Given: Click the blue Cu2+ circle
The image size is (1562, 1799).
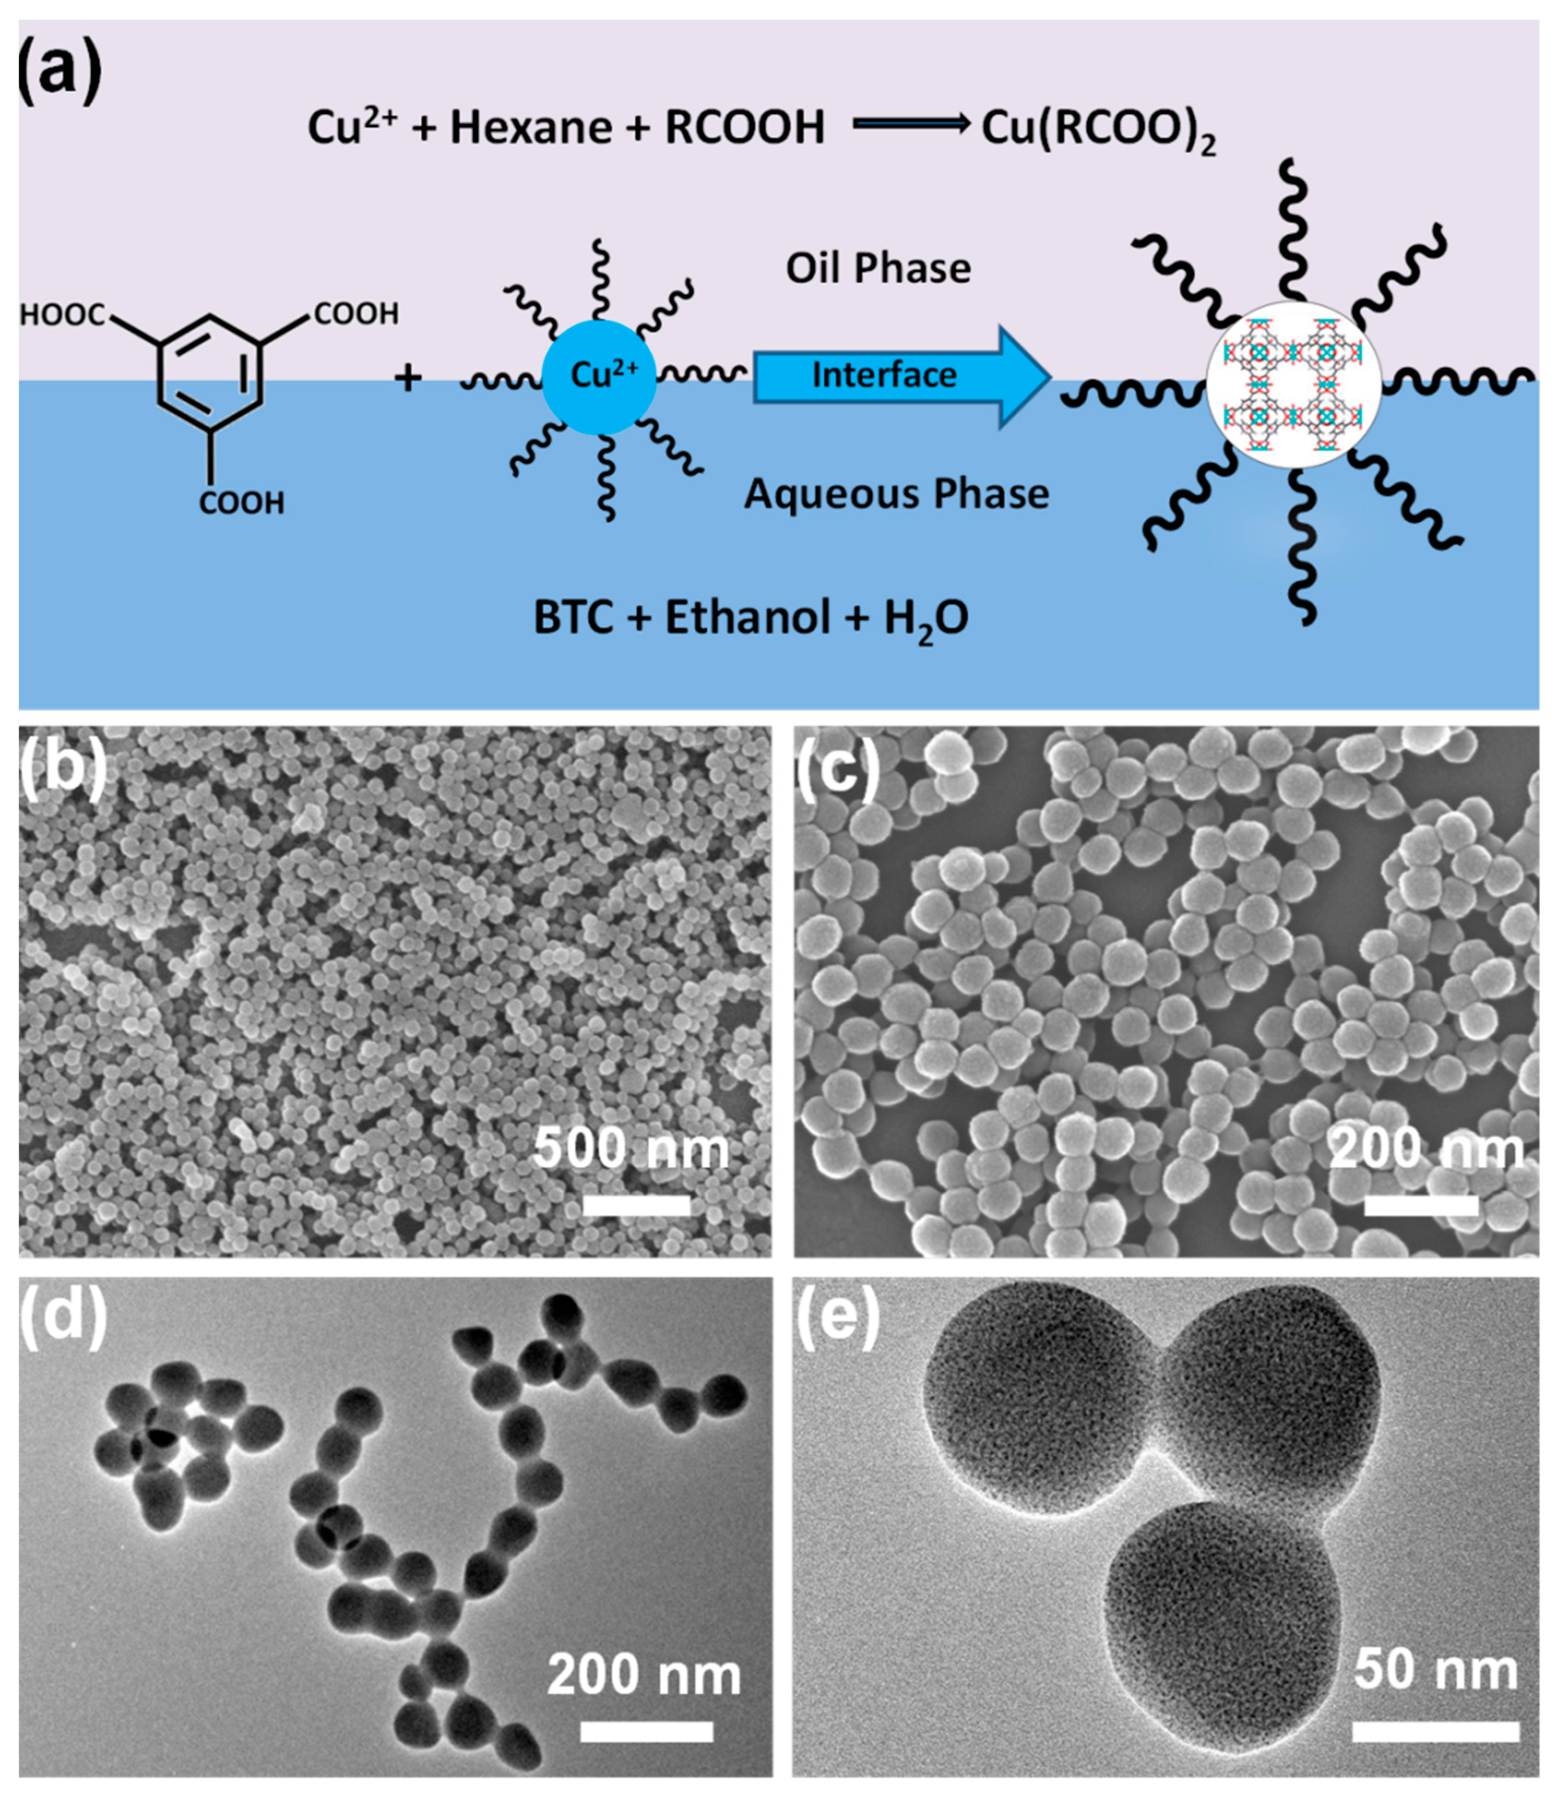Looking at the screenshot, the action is coord(600,377).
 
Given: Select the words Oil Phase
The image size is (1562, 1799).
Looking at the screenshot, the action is coord(878,268).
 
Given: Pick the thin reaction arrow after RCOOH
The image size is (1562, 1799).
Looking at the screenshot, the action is coord(911,125).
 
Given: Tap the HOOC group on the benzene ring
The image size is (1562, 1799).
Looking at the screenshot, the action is coord(63,315).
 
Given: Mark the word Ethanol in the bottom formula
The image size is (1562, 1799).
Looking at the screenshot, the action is coord(747,618).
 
